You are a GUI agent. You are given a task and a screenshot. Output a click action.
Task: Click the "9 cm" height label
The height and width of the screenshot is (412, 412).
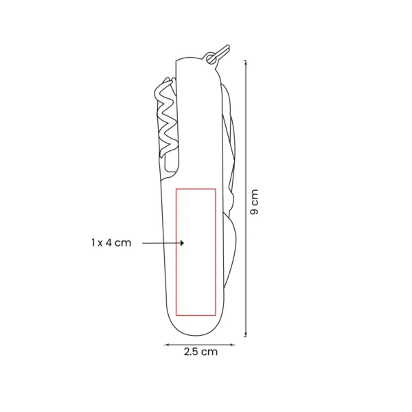click(x=254, y=202)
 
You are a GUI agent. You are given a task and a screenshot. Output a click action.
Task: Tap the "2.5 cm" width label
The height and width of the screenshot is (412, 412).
click(x=201, y=352)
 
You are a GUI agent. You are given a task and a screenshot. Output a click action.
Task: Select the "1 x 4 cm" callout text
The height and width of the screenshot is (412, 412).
click(x=111, y=242)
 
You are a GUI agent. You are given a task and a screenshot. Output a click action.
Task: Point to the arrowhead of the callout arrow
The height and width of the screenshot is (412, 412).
click(x=182, y=243)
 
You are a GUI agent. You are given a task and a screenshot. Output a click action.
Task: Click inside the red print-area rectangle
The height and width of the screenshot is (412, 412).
click(x=196, y=252)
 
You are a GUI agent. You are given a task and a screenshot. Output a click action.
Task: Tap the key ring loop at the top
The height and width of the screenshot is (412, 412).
click(x=211, y=58)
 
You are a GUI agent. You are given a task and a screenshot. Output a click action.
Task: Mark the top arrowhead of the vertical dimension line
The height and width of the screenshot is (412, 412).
click(x=246, y=62)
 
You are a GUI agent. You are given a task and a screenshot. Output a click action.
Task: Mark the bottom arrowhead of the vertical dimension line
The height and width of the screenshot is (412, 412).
click(x=246, y=335)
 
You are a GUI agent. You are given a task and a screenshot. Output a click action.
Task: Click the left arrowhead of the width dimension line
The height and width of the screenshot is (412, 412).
click(x=166, y=345)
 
